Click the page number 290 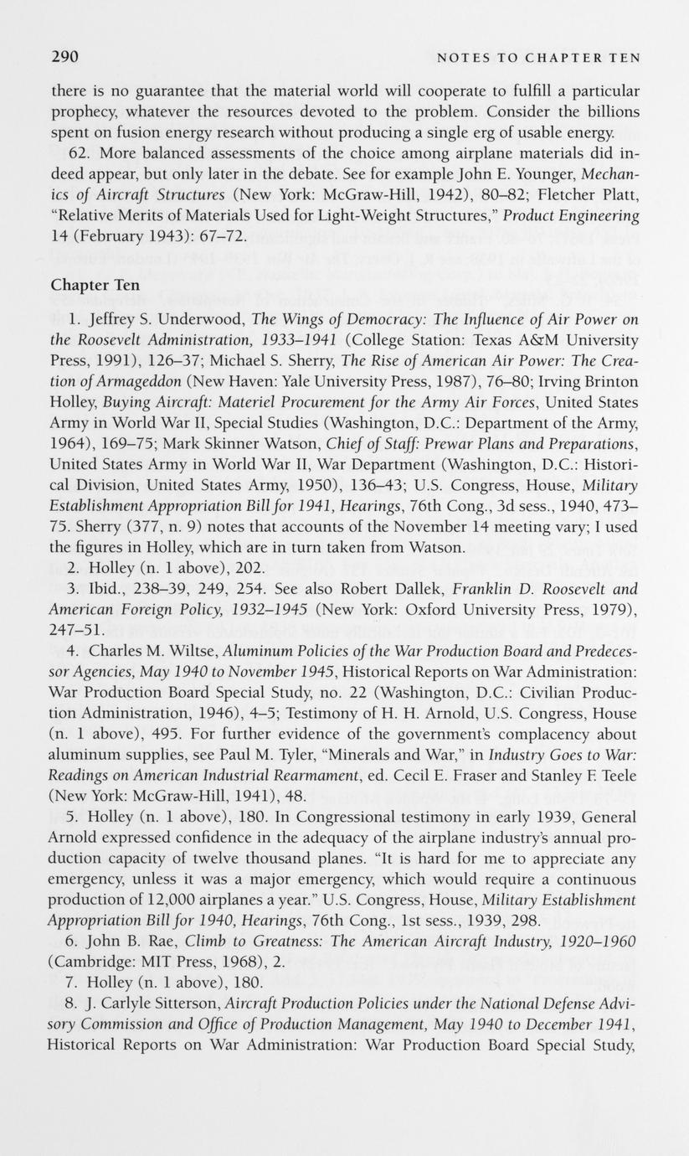(64, 57)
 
